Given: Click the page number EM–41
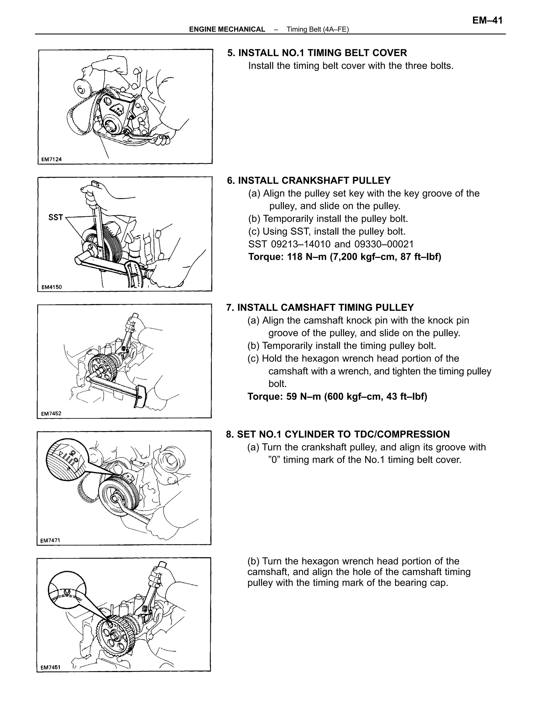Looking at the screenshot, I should coord(487,21).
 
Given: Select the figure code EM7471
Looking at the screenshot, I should coord(50,541).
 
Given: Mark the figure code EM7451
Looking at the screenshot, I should coord(50,667).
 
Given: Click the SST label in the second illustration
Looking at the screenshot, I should coord(55,217).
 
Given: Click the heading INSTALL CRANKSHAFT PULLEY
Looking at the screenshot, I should coord(314,180).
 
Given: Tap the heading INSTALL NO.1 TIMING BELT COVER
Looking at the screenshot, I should coord(322,53).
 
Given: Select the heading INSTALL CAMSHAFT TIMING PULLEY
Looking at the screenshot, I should coord(325,308).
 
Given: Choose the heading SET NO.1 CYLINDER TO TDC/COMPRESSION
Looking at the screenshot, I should coord(343,434).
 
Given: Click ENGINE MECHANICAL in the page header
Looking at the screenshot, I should coord(227,29).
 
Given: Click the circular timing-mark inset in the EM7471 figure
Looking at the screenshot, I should coord(66,460).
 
